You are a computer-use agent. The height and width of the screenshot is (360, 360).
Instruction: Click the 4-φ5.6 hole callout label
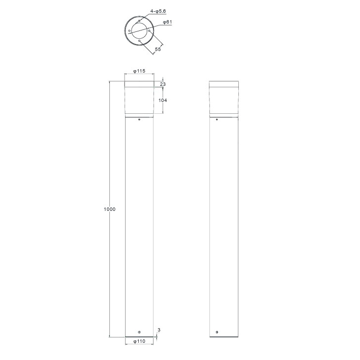158,11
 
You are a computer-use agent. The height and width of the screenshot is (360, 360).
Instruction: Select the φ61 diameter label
167,22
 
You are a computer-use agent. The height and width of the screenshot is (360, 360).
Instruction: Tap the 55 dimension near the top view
158,50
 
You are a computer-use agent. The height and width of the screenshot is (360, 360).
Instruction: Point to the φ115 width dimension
139,71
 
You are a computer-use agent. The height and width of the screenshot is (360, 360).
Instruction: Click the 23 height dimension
163,84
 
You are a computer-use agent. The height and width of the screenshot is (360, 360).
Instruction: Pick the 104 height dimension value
162,101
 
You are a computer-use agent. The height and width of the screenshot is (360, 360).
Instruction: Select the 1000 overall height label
109,209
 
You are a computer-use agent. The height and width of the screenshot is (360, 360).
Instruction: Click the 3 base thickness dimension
159,330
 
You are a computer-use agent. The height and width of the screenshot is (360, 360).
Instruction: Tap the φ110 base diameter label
139,341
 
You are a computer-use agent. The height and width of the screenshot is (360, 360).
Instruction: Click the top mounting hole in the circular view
139,21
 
